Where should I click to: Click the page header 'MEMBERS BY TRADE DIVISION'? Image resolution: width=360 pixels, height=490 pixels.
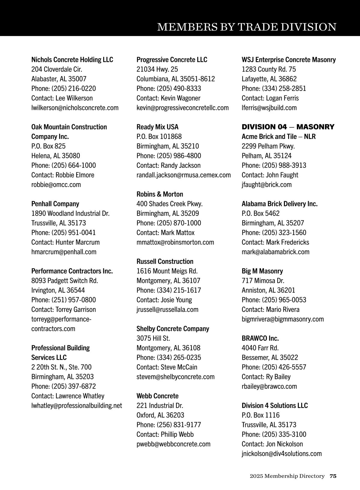[x=247, y=27]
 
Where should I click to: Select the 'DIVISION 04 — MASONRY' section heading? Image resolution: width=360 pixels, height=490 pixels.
[x=288, y=127]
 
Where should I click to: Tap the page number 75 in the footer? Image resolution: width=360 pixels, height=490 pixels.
[x=333, y=476]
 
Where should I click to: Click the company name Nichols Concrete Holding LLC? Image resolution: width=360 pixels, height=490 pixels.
[x=72, y=59]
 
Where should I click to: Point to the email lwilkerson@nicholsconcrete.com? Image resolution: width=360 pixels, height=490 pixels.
[x=75, y=107]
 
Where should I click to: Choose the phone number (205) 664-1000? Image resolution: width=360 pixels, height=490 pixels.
[x=73, y=165]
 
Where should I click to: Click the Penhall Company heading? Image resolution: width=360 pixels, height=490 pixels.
[x=55, y=204]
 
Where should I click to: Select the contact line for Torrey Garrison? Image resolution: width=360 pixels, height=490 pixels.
[x=64, y=309]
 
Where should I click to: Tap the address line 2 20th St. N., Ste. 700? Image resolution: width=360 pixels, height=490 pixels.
[x=61, y=367]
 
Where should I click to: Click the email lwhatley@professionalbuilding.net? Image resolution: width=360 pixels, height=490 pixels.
[x=76, y=405]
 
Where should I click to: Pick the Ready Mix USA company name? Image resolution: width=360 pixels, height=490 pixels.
[x=157, y=127]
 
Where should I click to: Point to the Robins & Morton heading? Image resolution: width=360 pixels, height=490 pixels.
[x=160, y=194]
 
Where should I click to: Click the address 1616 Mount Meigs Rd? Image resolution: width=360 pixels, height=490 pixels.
[x=167, y=271]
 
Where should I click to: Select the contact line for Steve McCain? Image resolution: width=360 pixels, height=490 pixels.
[x=167, y=367]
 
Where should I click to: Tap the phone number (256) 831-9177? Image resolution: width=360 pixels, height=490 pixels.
[x=179, y=425]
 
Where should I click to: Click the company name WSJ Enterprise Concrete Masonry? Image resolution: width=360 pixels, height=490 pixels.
[x=289, y=59]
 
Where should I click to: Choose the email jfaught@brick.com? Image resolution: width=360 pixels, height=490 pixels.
[x=266, y=184]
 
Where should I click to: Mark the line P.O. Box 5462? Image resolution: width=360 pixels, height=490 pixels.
[x=260, y=213]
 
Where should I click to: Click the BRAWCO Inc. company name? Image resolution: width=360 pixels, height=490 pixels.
[x=260, y=338]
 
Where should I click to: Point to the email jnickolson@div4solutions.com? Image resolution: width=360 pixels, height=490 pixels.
[x=281, y=453]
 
